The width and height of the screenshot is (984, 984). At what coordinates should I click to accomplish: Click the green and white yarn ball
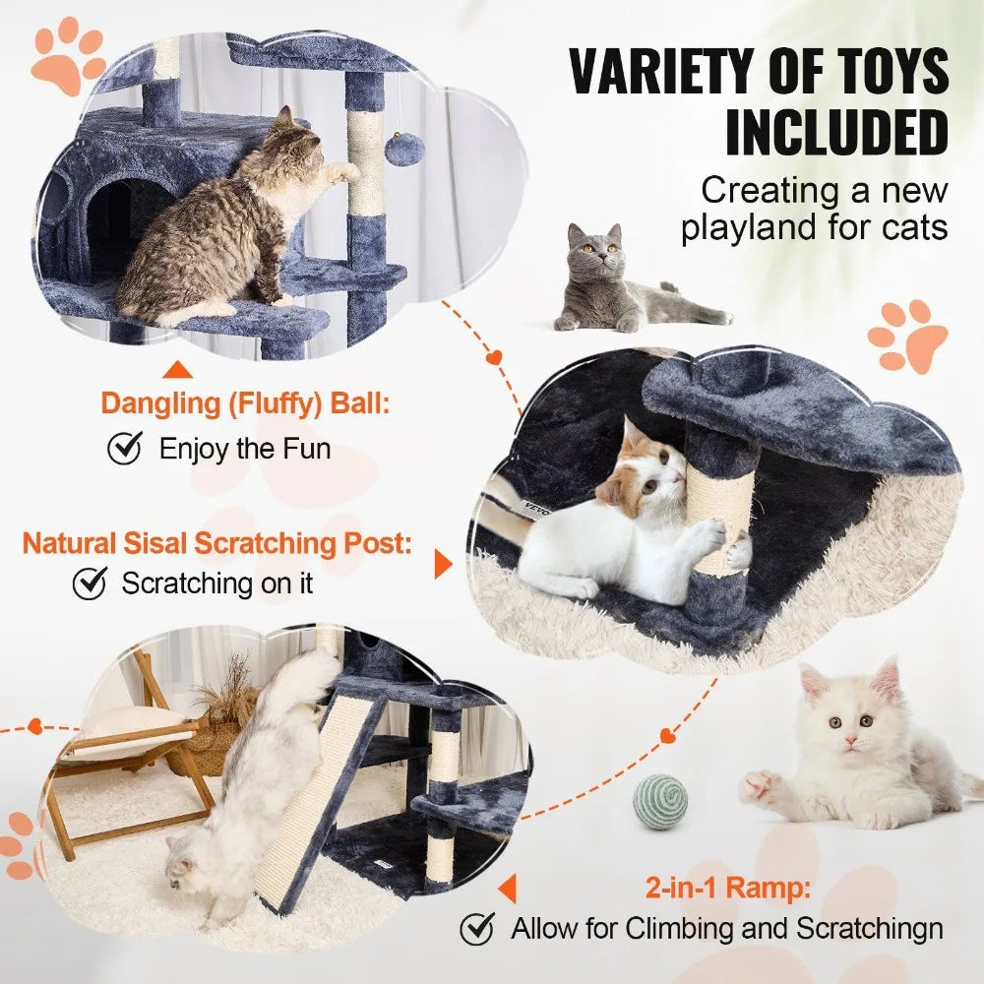(x=660, y=802)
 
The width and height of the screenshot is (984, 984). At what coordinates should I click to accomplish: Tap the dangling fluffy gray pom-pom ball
(x=403, y=149)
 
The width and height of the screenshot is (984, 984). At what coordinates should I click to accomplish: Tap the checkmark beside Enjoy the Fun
(x=124, y=449)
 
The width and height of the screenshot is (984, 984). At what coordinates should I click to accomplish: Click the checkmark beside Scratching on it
(x=90, y=583)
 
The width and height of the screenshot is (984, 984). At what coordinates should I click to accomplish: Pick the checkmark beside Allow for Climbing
(x=478, y=927)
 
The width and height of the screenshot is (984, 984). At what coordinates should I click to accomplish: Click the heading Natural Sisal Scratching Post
(x=217, y=543)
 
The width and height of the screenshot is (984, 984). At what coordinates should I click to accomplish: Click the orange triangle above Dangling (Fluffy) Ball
(x=177, y=371)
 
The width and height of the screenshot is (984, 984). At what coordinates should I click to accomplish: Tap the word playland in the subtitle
(x=757, y=227)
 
